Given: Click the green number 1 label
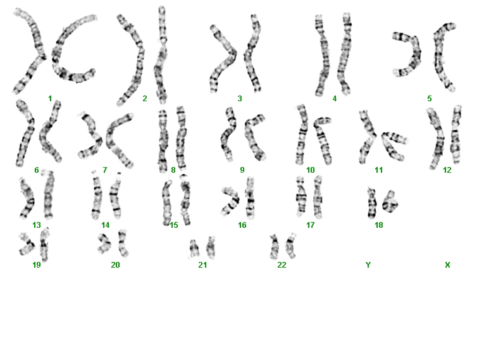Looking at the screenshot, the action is (50, 99).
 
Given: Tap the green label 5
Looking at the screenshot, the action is (429, 99).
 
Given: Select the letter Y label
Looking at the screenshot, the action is (368, 264).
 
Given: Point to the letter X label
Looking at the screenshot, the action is (447, 264).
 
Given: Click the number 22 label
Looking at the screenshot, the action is (282, 264).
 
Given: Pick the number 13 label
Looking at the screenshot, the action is (37, 225).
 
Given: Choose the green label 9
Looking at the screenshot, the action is (242, 170).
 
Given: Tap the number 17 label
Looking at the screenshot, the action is (310, 225).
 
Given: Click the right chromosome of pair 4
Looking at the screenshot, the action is (345, 53).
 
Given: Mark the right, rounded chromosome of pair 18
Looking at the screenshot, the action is (390, 202).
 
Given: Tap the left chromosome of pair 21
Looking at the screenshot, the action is (194, 249).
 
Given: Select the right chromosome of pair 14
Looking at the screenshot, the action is (115, 195).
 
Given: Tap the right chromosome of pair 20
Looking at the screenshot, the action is (123, 244).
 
